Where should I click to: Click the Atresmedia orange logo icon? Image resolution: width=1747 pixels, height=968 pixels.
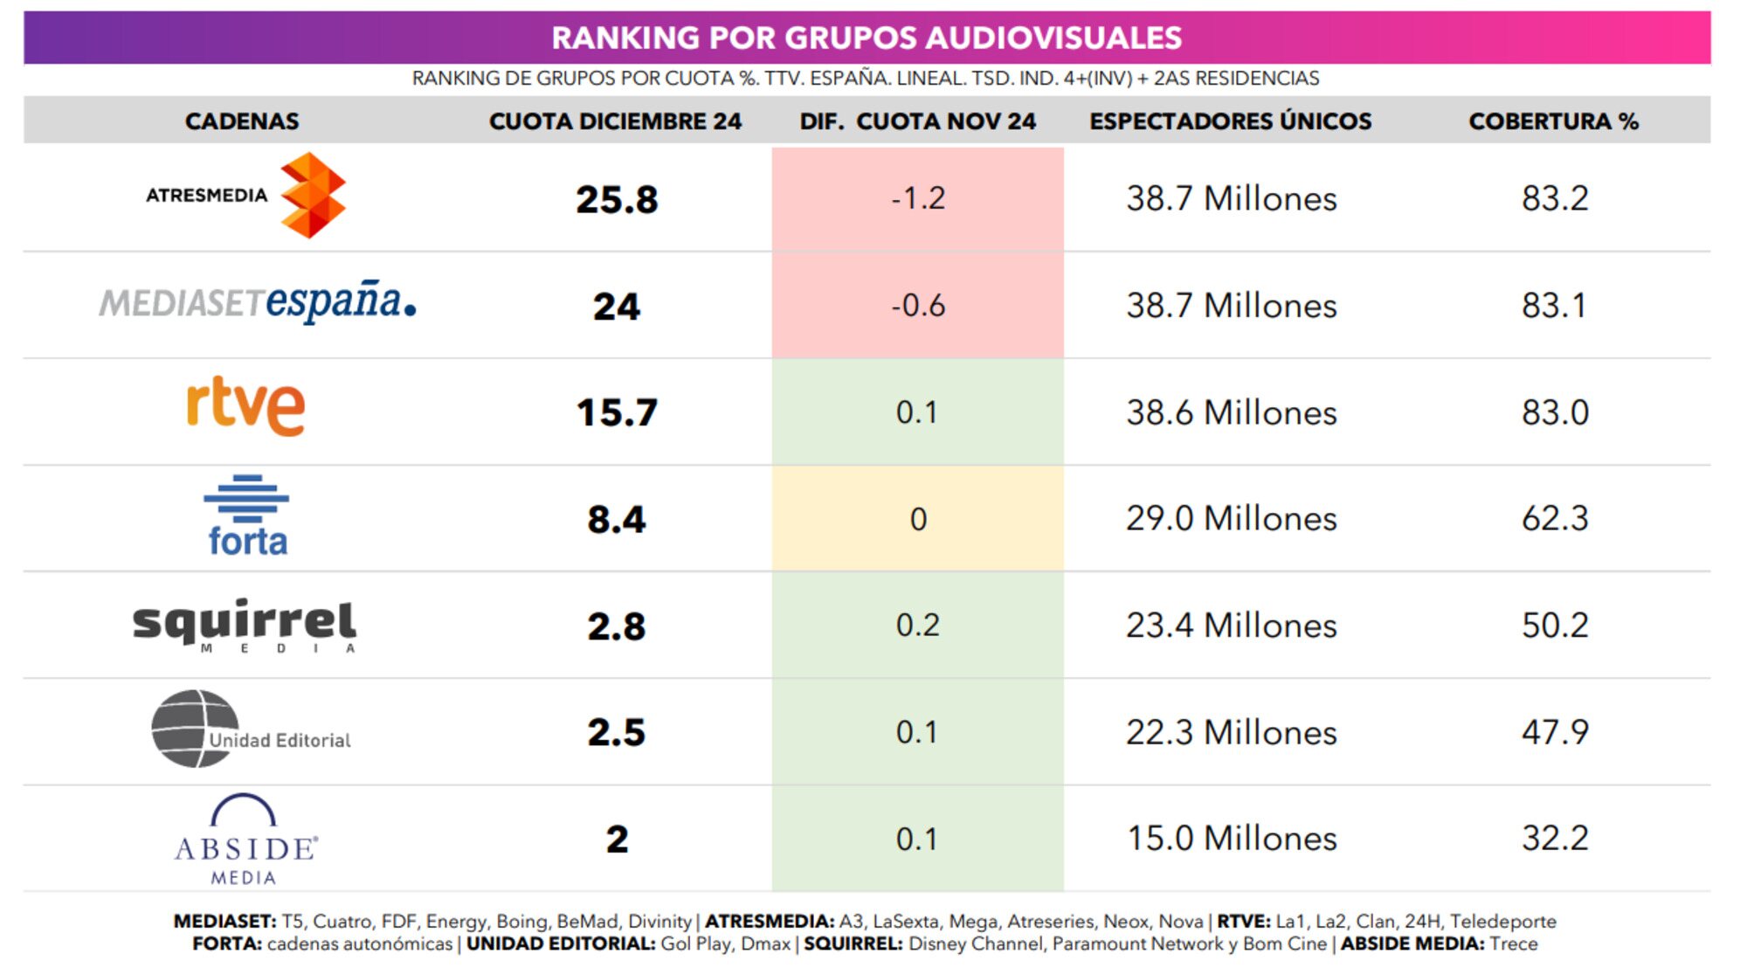coord(313,196)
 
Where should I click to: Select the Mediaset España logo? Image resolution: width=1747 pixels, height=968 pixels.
coord(258,302)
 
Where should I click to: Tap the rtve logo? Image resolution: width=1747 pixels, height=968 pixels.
coord(246,406)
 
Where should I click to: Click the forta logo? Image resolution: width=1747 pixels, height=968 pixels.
coord(247,516)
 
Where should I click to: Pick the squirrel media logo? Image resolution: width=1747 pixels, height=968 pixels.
coord(245,626)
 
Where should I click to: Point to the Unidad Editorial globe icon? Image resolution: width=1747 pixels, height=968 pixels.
coord(194,729)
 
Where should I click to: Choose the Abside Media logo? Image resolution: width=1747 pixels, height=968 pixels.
coord(245,840)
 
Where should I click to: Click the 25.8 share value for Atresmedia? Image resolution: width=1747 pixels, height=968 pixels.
coord(617,200)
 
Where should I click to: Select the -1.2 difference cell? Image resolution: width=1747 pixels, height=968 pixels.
coord(918,198)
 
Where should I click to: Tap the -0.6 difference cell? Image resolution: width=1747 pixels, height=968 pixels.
coord(918,306)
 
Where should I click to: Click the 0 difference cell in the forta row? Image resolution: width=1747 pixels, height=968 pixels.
coord(918,519)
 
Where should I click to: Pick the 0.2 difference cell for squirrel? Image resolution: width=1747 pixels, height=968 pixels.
coord(918,626)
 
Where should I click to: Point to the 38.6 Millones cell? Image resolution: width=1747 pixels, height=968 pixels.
coord(1231,412)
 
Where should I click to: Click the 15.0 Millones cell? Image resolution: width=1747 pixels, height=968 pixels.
coord(1231,839)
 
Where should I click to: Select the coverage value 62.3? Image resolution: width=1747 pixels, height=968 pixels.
coord(1555,519)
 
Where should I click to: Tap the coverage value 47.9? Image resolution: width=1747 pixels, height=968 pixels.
coord(1555,732)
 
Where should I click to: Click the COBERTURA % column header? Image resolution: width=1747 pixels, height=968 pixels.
coord(1553,121)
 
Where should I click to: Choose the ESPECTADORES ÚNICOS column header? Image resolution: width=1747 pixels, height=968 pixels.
coord(1230,121)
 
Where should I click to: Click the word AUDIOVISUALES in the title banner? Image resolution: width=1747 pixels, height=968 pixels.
coord(1053,38)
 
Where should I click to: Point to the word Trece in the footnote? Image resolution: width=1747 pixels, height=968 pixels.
coord(1514,944)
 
